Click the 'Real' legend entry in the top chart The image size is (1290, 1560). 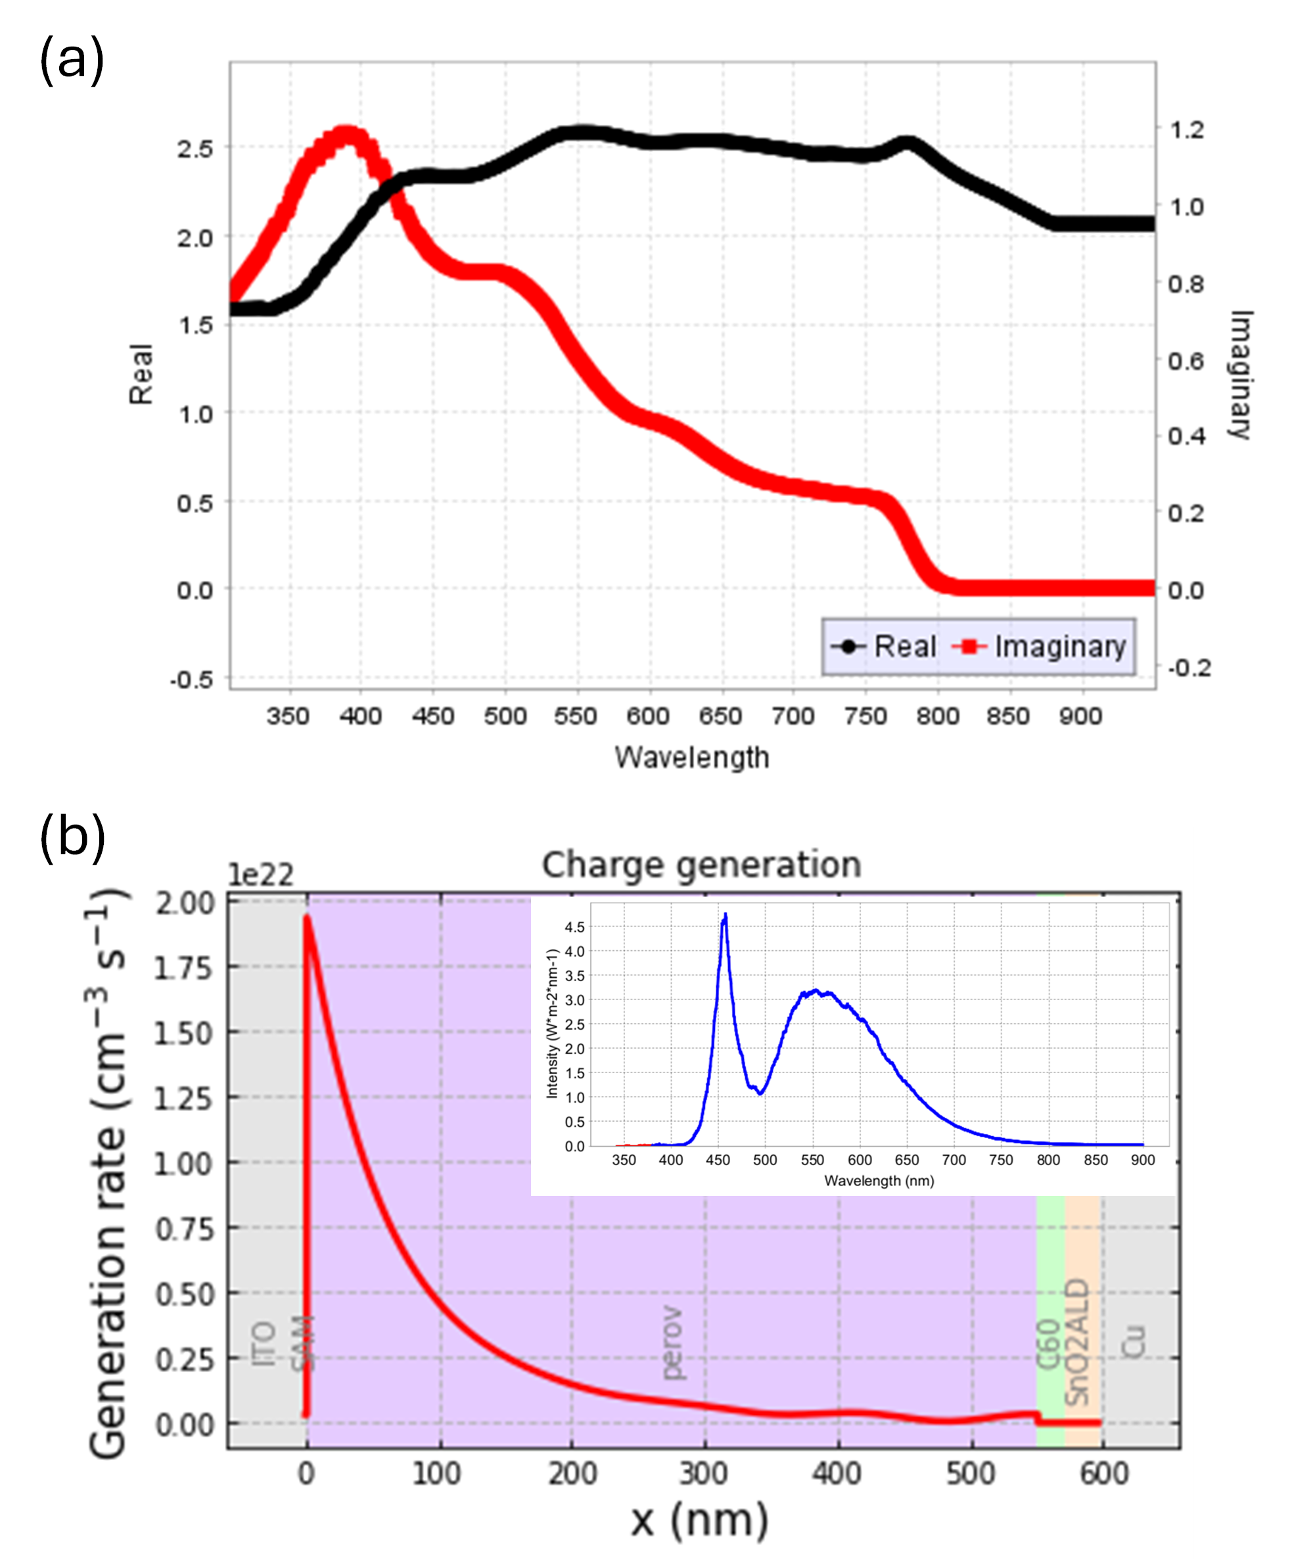point(904,647)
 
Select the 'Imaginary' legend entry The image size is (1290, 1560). point(1059,647)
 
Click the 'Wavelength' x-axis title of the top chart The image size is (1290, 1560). point(691,758)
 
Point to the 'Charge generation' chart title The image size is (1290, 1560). point(701,865)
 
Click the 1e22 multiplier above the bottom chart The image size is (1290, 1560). point(261,875)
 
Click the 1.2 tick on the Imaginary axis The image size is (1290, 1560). point(1186,130)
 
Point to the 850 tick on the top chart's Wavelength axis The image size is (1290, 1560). point(1007,716)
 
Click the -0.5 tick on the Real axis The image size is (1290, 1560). point(192,679)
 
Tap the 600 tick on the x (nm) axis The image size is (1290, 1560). point(1104,1474)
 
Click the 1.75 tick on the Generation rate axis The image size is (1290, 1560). point(183,969)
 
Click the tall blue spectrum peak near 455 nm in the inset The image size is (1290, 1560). point(724,917)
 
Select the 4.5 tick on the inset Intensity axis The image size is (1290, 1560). point(574,927)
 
